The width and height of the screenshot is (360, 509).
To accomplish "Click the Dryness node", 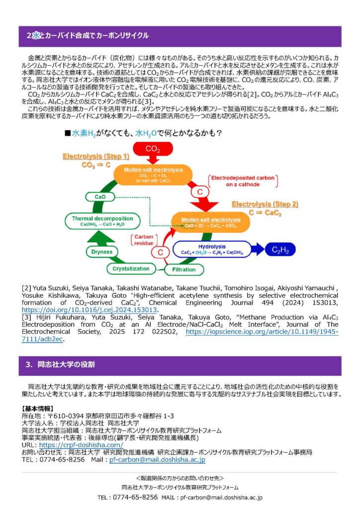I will pos(102,252).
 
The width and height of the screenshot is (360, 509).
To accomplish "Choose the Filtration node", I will pos(183,269).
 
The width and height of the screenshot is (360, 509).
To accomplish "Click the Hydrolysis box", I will pos(212,249).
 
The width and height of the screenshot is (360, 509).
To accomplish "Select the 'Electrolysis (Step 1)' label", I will pos(96,156).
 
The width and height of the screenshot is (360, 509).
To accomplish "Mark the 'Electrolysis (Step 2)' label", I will pos(265,204).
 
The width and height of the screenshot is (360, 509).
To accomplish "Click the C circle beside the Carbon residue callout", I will pos(161,253).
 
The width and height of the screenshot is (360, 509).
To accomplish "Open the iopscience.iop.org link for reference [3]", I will pos(262,332).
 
